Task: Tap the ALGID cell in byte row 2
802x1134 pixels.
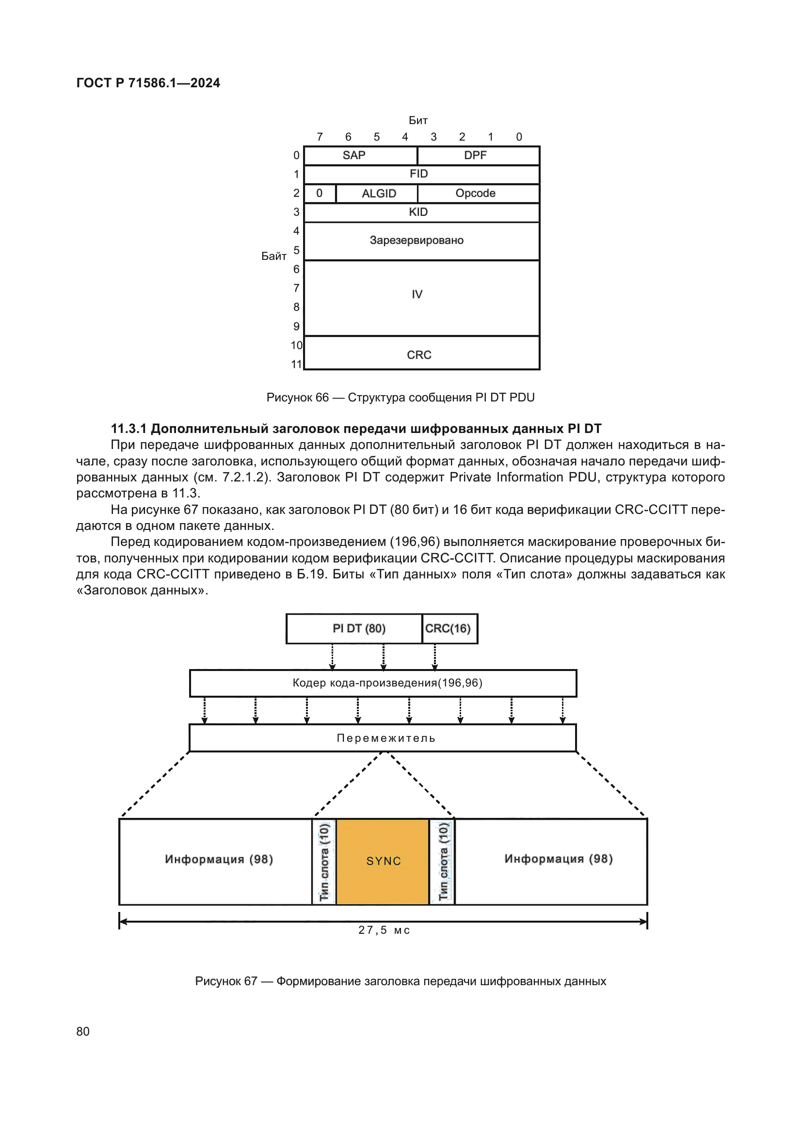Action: [378, 193]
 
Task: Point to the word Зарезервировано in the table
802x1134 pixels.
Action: [417, 240]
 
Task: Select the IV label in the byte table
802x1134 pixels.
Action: [417, 294]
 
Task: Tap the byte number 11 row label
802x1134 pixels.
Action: [296, 365]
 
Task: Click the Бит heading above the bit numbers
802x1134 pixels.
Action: [418, 121]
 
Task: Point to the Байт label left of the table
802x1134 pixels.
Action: [273, 256]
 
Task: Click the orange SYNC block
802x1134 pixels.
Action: [383, 862]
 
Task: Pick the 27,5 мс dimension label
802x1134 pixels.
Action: [384, 930]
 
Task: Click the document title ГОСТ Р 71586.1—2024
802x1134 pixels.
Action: [148, 83]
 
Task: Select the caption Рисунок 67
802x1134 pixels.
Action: [400, 981]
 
